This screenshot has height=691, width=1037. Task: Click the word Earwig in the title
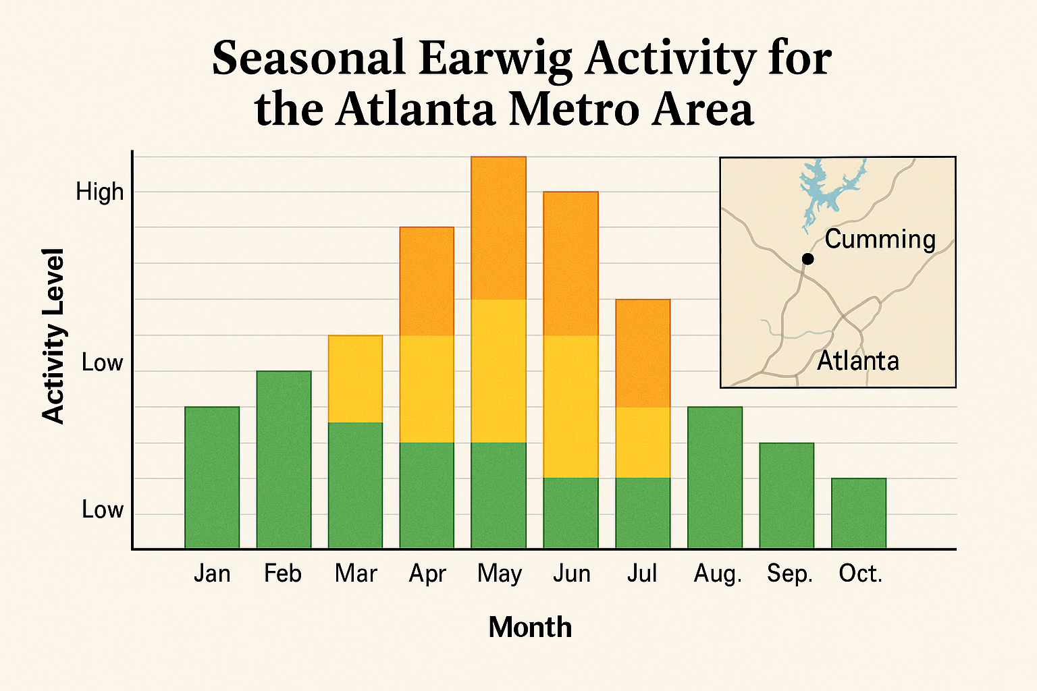pos(495,59)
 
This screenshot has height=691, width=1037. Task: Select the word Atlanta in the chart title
pos(415,109)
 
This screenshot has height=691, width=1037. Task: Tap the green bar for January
pos(212,477)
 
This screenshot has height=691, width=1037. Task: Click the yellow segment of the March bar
pos(355,379)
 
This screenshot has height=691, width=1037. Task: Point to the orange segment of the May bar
pos(498,227)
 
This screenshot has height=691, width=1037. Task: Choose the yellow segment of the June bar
pos(570,406)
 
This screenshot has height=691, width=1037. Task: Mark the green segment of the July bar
pos(642,513)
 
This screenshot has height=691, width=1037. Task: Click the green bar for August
pos(714,477)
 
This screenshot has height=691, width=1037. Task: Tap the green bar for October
pos(858,513)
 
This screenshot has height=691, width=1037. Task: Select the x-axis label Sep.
pos(789,574)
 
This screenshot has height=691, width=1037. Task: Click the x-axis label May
pos(499,574)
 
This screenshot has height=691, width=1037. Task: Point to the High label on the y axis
pos(100,192)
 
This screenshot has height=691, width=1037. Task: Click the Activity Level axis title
pos(53,335)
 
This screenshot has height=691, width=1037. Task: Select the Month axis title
pos(530,628)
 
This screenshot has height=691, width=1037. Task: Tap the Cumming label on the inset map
pos(880,240)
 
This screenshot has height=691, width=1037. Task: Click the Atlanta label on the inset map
pos(857,362)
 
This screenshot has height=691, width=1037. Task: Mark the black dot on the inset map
pos(807,258)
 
